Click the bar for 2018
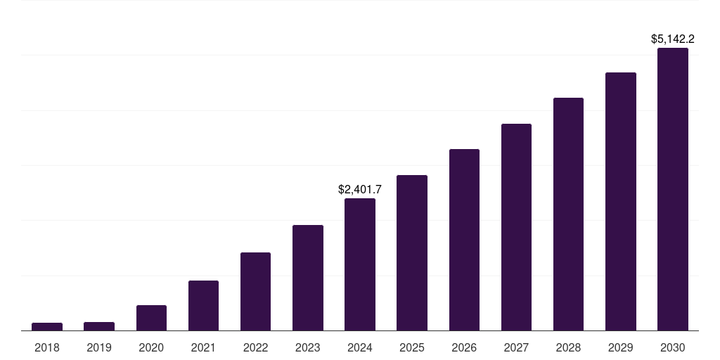[47, 326]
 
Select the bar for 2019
[99, 326]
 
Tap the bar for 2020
[151, 318]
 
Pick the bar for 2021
[203, 305]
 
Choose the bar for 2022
[255, 291]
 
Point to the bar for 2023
[308, 278]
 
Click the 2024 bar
[360, 264]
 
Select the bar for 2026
[464, 240]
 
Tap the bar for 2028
[568, 214]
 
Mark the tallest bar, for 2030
[673, 189]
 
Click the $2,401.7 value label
[360, 189]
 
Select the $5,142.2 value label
[673, 39]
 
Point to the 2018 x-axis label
[47, 347]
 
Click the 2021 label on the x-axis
[203, 347]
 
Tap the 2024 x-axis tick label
[360, 347]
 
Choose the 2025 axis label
[412, 347]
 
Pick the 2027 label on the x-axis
[516, 347]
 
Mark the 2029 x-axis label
[621, 347]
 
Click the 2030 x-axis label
[673, 347]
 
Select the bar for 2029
[621, 201]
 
